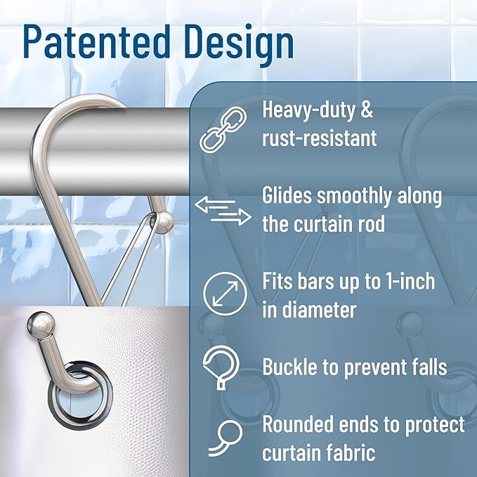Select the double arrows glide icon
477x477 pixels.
click(222, 211)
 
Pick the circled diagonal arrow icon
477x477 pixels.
click(222, 294)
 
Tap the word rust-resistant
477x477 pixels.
click(320, 137)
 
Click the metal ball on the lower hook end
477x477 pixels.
click(40, 325)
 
